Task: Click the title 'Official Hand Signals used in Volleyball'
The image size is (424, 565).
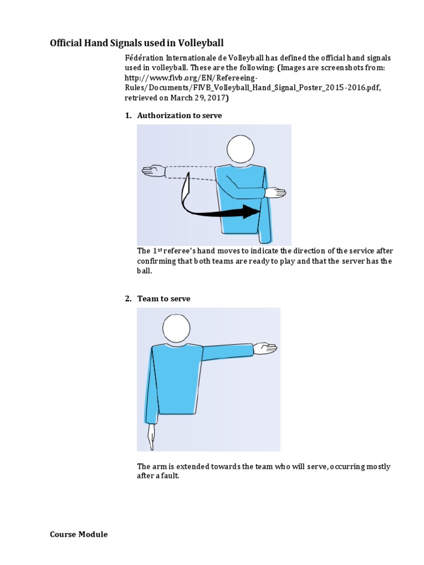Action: coord(137,43)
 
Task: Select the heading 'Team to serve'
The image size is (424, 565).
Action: coord(163,299)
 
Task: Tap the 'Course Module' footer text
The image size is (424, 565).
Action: coord(79,534)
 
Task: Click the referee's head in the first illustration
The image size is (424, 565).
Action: coord(241,149)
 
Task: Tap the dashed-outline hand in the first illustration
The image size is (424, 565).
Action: coord(153,171)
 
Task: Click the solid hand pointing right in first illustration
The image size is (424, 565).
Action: coord(275,193)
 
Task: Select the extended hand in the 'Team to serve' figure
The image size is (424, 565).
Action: coord(265,348)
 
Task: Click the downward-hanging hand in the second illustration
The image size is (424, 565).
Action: coord(151,438)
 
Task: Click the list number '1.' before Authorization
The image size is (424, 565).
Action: coord(128,115)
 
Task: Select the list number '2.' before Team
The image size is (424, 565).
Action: coord(128,299)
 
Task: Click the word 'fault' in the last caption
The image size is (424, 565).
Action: coord(171,476)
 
